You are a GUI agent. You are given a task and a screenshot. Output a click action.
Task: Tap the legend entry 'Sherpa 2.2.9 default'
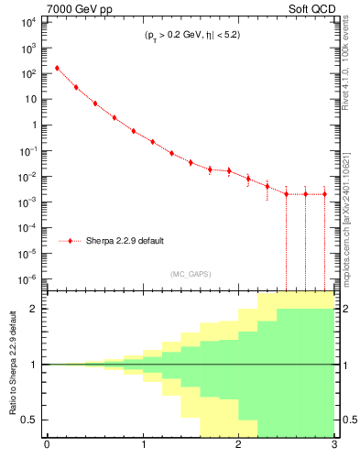(125, 241)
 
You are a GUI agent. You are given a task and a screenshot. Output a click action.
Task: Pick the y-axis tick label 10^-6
(28, 278)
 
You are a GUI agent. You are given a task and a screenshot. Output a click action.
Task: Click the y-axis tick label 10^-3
(28, 201)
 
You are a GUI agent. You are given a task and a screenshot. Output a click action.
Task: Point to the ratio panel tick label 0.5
(30, 420)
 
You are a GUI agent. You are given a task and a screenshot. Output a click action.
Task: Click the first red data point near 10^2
(57, 68)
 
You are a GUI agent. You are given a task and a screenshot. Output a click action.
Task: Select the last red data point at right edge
(324, 194)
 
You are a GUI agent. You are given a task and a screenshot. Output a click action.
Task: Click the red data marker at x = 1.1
(152, 142)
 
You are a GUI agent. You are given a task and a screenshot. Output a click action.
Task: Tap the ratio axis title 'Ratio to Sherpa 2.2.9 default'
(13, 364)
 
